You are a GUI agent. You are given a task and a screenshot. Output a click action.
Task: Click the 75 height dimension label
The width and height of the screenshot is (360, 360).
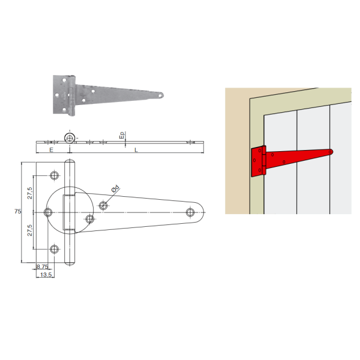[x=17, y=211]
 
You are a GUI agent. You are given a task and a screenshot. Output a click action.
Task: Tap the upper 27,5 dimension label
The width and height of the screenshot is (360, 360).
[x=30, y=193]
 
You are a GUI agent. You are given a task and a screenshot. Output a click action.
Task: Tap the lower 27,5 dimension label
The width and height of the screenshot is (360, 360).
[x=30, y=230]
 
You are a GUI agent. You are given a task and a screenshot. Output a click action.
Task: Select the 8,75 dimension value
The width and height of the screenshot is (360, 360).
[x=43, y=266]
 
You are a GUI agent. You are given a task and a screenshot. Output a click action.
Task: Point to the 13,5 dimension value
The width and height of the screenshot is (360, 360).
[x=46, y=274]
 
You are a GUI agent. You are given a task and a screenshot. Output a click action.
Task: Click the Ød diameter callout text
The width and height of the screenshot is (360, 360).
[x=115, y=188]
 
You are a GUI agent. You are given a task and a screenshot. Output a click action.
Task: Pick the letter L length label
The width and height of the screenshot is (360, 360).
[x=136, y=150]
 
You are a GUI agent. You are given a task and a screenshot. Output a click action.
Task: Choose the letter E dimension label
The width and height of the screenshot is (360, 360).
[x=51, y=150]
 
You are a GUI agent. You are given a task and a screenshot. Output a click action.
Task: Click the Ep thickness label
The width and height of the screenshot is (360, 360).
[x=122, y=135]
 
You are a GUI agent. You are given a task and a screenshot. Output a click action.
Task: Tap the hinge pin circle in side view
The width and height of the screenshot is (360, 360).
[x=70, y=138]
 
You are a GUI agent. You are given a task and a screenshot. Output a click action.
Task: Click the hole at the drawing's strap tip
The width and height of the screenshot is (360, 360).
[x=190, y=212]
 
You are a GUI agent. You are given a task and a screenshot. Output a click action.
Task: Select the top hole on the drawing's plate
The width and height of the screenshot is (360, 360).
[x=55, y=176]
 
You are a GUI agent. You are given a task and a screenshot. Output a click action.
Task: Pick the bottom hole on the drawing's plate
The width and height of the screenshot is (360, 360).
[x=55, y=249]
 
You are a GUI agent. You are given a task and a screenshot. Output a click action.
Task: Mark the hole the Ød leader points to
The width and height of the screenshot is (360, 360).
[x=103, y=205]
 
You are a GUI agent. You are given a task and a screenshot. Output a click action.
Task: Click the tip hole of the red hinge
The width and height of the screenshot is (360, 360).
[x=330, y=152]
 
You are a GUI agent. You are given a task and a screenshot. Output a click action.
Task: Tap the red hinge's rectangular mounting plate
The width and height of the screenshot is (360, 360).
[x=257, y=162]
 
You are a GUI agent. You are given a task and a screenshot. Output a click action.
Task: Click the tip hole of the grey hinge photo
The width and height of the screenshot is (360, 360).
[x=161, y=95]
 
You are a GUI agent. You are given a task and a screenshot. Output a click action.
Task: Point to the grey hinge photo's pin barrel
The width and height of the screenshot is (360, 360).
[x=72, y=95]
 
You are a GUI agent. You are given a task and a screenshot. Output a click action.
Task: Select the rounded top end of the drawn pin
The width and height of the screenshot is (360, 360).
[x=70, y=161]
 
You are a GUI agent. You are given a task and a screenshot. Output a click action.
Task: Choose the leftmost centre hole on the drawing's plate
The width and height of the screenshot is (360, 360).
[x=48, y=212]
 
